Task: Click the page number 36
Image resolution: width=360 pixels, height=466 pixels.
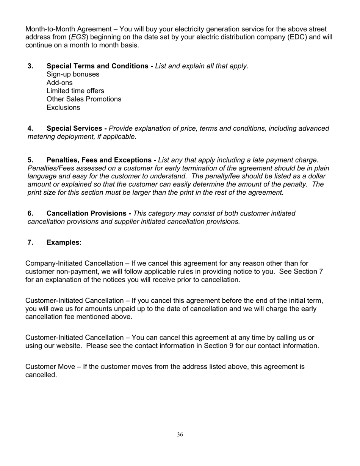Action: point(180,435)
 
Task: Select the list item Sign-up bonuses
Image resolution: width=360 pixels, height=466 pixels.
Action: point(73,74)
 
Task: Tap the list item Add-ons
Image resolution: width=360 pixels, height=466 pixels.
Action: point(59,83)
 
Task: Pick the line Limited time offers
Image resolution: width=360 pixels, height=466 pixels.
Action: point(75,91)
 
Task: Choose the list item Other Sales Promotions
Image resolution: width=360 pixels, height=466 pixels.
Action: point(84,99)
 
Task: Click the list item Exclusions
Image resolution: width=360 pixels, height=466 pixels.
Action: point(63,108)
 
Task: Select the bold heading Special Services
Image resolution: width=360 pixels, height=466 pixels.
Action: point(77,128)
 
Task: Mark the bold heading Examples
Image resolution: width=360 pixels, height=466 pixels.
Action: point(63,242)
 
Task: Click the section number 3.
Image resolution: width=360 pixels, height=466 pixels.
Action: point(30,66)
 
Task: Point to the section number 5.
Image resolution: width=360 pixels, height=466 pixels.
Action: point(30,160)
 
